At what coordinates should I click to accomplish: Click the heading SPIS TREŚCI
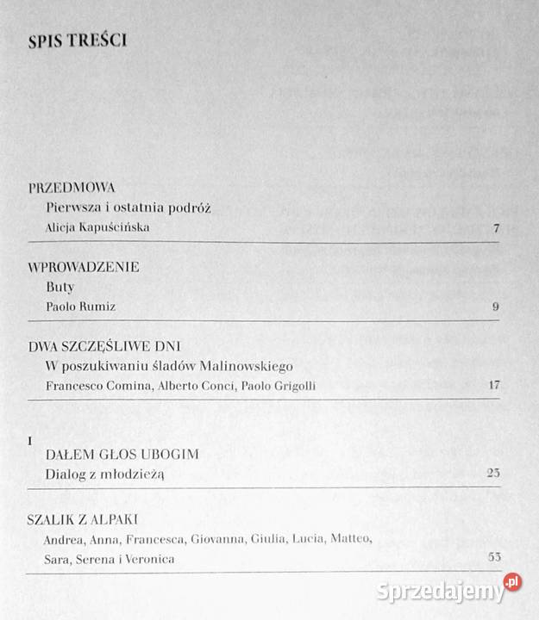77,40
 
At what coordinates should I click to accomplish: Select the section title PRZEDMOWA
72,187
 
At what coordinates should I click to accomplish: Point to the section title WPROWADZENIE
83,267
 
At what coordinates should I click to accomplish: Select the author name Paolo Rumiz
79,307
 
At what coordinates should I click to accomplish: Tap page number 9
495,307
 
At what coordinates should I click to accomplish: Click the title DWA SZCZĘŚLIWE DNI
103,346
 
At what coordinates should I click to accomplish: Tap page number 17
493,385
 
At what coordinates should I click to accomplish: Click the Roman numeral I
30,440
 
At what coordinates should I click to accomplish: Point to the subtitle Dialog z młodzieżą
104,474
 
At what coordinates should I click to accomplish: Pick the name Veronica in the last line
148,559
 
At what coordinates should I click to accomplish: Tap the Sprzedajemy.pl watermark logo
448,590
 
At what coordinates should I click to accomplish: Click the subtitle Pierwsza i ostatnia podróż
128,208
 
